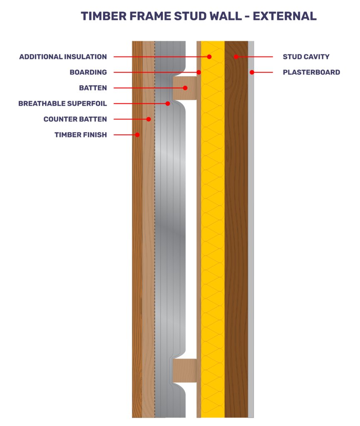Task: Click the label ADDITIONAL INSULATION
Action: [x=63, y=57]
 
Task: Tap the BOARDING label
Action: [x=88, y=72]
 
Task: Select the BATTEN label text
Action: [x=93, y=88]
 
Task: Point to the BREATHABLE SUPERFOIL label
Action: [x=62, y=104]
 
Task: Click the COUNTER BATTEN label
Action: [x=75, y=119]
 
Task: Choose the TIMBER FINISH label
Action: [x=81, y=135]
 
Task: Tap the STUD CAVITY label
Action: [x=306, y=57]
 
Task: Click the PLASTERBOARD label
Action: [x=311, y=72]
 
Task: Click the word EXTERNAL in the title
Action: [x=285, y=16]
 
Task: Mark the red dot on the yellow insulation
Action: [x=209, y=57]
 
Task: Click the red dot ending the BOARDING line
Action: [x=199, y=72]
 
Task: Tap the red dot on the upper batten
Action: [x=185, y=88]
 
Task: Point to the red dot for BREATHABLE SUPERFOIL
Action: [x=168, y=104]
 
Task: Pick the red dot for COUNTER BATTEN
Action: [x=149, y=119]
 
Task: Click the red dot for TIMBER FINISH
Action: [x=137, y=135]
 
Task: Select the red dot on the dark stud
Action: [x=236, y=57]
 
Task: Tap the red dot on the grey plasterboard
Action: [x=252, y=72]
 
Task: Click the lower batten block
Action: [x=185, y=371]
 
